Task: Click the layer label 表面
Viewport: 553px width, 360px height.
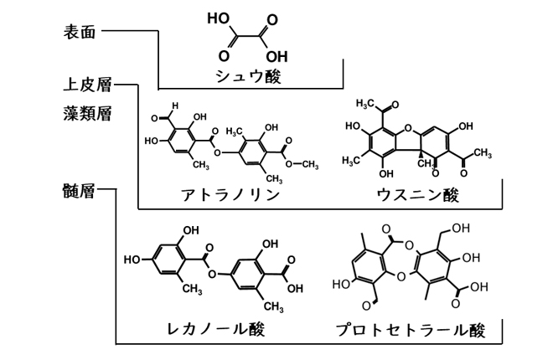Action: [80, 33]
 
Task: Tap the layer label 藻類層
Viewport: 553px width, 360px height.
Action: [87, 112]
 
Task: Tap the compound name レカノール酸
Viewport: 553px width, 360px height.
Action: [217, 329]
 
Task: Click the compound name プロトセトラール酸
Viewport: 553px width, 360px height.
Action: [418, 329]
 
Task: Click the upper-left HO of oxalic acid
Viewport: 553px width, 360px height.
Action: [218, 18]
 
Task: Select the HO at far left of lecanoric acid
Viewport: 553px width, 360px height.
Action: [132, 260]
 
